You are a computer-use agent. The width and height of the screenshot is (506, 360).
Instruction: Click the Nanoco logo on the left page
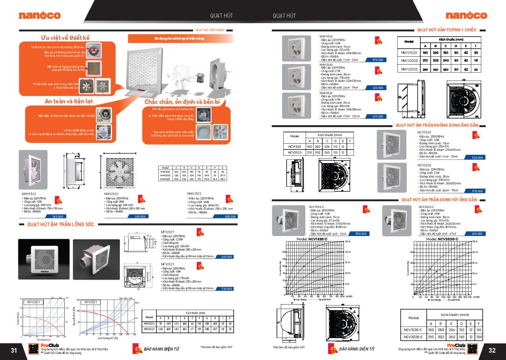[x=40, y=15]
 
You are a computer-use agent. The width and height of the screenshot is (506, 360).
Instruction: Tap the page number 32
[x=492, y=350]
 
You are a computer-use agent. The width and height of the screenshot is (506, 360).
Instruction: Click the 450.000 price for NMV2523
[x=230, y=216]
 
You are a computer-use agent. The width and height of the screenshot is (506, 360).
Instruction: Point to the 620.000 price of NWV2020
[x=377, y=88]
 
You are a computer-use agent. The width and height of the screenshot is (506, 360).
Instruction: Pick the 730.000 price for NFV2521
[x=226, y=289]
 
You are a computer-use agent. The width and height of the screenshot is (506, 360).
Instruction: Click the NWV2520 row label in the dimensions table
[x=409, y=69]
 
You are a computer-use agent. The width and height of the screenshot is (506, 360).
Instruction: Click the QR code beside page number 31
[x=32, y=349]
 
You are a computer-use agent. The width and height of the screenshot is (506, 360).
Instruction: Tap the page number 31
[x=14, y=350]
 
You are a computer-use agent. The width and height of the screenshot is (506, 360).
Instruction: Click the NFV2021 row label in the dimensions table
[x=149, y=324]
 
